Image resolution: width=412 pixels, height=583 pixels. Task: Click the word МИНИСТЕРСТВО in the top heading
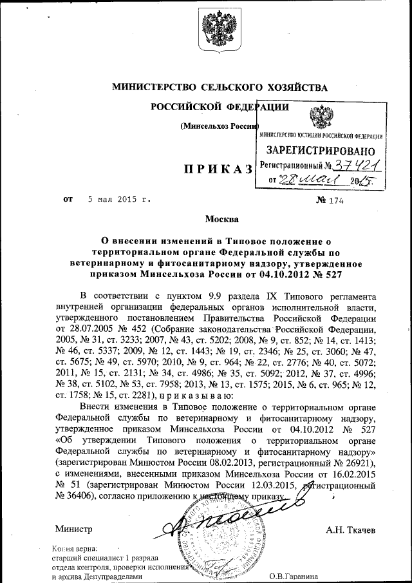(x=151, y=86)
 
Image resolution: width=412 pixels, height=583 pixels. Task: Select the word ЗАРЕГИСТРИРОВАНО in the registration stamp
(x=322, y=150)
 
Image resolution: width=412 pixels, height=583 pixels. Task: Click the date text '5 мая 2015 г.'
(x=118, y=200)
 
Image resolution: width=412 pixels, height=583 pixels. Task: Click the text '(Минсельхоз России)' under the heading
(x=220, y=125)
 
